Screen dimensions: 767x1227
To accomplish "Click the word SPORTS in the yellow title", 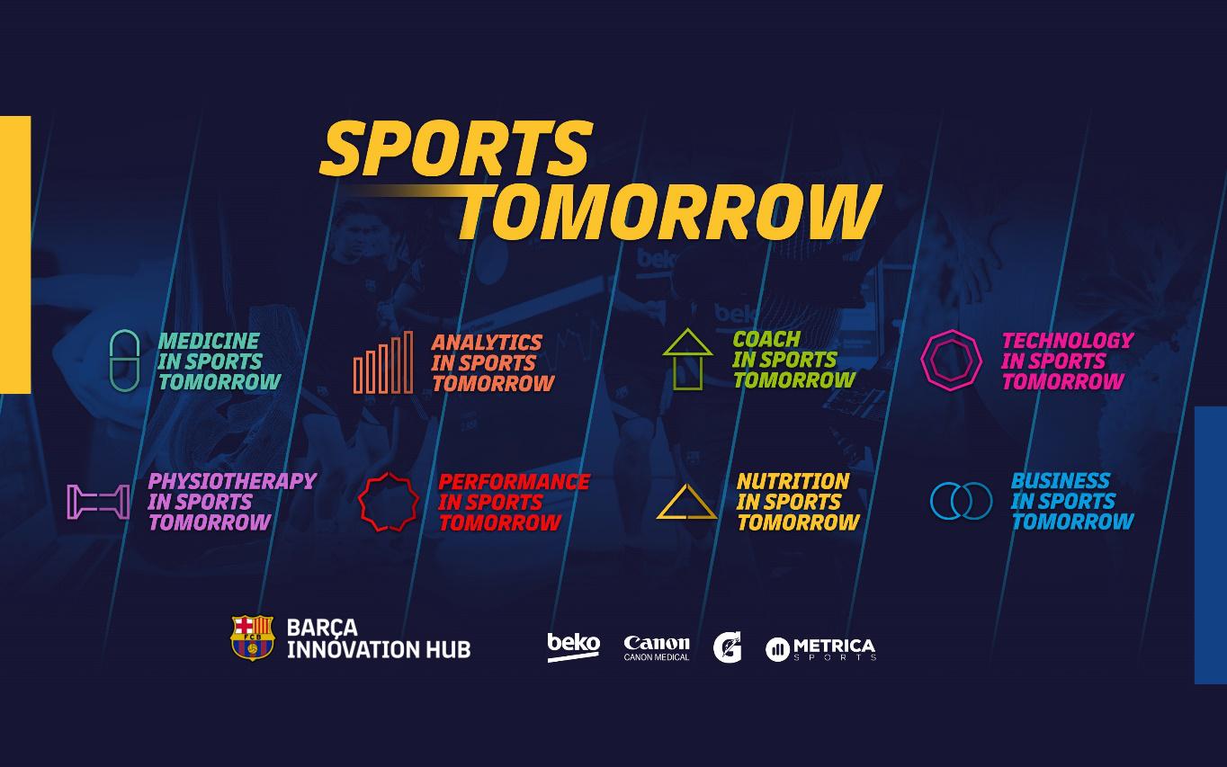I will [455, 148].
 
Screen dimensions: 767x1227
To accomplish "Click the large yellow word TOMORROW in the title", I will [668, 212].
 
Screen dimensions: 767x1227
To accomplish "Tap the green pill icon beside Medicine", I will [125, 361].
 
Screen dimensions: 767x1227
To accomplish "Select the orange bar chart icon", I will [383, 362].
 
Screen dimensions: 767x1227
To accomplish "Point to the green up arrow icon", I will [687, 359].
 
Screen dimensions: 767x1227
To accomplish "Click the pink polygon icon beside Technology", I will [951, 360].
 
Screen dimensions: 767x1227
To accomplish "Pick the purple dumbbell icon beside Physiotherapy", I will [98, 502].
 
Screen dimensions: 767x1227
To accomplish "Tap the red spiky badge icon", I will [389, 502].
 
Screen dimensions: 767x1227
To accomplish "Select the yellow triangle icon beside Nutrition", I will [686, 503].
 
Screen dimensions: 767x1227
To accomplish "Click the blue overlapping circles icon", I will [961, 501].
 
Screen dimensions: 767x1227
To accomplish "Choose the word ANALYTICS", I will [487, 343].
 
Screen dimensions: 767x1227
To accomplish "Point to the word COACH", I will [766, 339].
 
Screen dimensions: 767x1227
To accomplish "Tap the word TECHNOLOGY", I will [1067, 340].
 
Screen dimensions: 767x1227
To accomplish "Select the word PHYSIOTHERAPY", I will [232, 481].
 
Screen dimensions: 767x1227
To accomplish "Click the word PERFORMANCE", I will [514, 481].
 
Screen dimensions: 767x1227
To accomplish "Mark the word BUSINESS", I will [1061, 480].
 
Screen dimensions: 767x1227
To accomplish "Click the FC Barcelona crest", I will [252, 638].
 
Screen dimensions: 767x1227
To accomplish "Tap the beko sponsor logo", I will [573, 646].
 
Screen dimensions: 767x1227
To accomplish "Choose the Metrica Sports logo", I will [820, 648].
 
